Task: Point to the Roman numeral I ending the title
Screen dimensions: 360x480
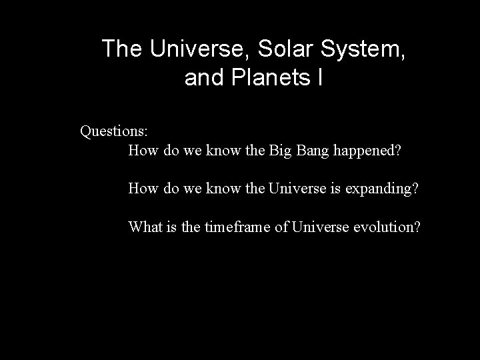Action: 320,78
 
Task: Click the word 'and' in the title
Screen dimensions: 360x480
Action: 204,78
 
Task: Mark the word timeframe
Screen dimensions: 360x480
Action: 237,227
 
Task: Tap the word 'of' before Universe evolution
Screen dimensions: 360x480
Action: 281,227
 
